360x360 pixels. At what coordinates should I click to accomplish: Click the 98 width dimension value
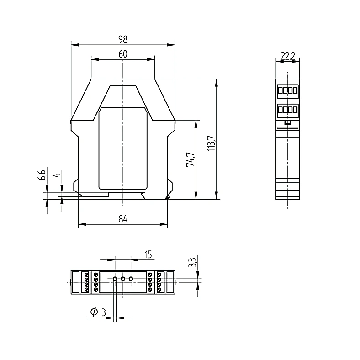[x=123, y=39]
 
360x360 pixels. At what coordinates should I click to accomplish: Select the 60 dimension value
[x=123, y=54]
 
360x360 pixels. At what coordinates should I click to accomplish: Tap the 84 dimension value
[x=123, y=219]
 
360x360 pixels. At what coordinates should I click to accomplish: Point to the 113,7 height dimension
[x=211, y=143]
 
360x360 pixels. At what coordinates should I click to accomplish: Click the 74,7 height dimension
[x=191, y=159]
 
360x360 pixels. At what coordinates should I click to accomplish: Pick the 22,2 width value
[x=288, y=56]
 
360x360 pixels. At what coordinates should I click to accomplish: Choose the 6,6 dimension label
[x=42, y=175]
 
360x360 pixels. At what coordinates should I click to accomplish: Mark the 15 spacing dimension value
[x=148, y=254]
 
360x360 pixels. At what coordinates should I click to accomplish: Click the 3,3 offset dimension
[x=192, y=262]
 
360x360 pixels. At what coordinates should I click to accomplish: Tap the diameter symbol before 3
[x=94, y=312]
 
